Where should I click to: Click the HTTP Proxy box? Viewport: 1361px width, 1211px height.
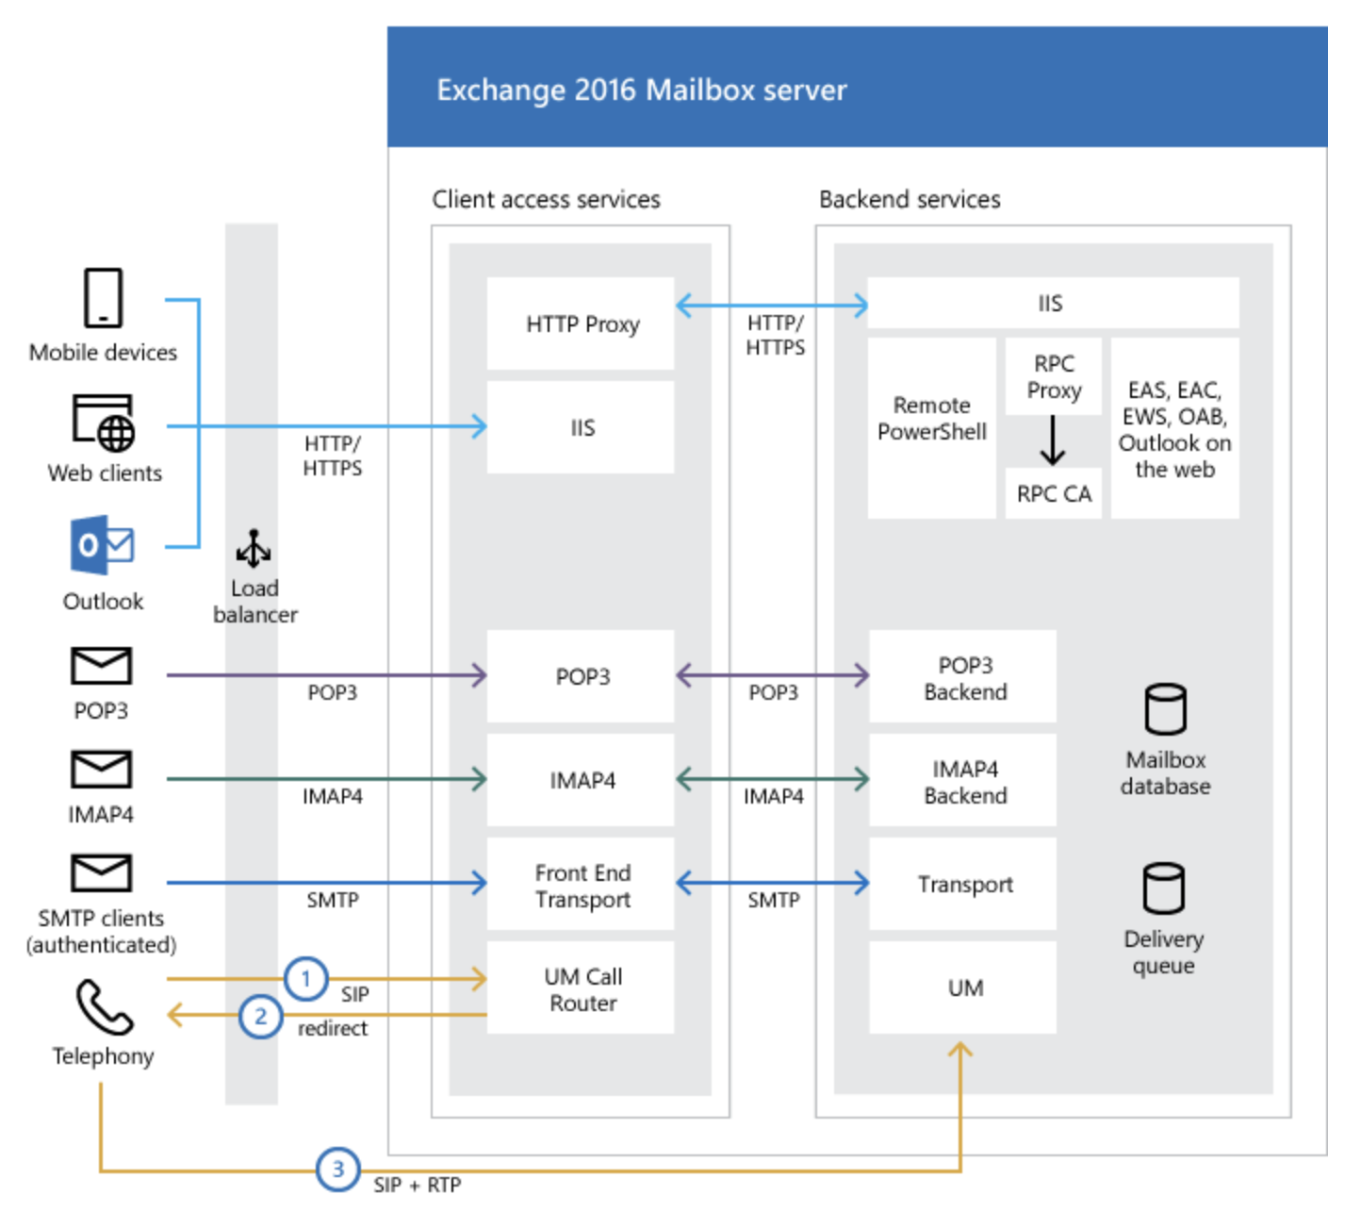[581, 323]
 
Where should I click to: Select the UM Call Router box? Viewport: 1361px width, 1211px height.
[581, 988]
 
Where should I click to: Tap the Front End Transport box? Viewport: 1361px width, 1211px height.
[581, 885]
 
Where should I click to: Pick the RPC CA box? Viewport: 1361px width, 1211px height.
[1053, 493]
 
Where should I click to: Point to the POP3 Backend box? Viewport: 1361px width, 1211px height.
[963, 677]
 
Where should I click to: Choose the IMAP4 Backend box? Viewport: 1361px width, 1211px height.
[963, 781]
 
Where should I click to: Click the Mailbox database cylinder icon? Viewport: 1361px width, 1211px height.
[1165, 709]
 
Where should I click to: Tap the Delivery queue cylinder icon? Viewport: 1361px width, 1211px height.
[1163, 888]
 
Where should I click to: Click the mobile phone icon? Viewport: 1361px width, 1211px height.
[103, 298]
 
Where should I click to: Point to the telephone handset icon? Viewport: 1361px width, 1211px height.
[104, 1007]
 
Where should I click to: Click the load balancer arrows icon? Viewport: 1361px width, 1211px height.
[253, 549]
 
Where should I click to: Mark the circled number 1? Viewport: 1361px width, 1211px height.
[305, 979]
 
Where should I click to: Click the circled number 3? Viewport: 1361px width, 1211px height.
[337, 1170]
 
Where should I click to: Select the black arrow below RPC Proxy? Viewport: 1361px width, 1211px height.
[1053, 440]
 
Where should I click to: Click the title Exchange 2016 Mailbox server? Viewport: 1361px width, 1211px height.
[641, 91]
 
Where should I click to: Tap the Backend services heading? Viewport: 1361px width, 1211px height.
[910, 200]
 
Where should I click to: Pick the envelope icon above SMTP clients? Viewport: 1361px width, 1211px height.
[101, 873]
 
